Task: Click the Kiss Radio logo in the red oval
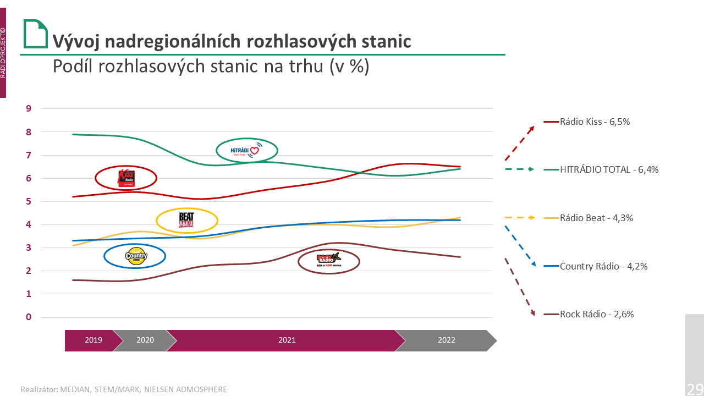126,178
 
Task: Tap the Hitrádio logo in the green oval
246,150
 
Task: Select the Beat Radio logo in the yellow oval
187,221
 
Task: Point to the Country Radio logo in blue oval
135,256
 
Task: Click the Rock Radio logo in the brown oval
328,261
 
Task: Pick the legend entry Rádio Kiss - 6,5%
594,122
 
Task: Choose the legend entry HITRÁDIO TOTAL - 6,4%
608,170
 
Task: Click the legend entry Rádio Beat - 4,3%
596,218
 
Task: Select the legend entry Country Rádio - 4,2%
603,266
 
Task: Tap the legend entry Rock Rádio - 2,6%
596,315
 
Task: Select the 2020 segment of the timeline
145,340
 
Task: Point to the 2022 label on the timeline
447,340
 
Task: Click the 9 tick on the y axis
29,108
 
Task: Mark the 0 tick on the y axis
29,317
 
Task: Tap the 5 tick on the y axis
29,201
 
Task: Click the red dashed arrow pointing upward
520,143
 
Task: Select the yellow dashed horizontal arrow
520,218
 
